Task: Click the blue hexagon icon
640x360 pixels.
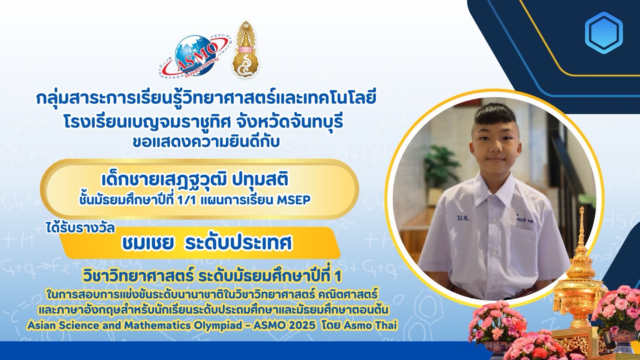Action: coord(604,33)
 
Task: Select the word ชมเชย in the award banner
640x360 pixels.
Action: coord(147,243)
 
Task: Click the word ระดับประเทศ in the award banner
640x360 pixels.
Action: coord(238,243)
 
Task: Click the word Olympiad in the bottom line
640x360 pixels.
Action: coord(219,325)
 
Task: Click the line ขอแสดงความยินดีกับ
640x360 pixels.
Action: coord(206,142)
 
